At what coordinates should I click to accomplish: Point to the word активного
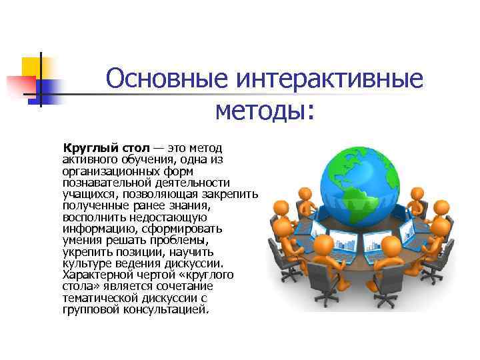pyautogui.click(x=91, y=159)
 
